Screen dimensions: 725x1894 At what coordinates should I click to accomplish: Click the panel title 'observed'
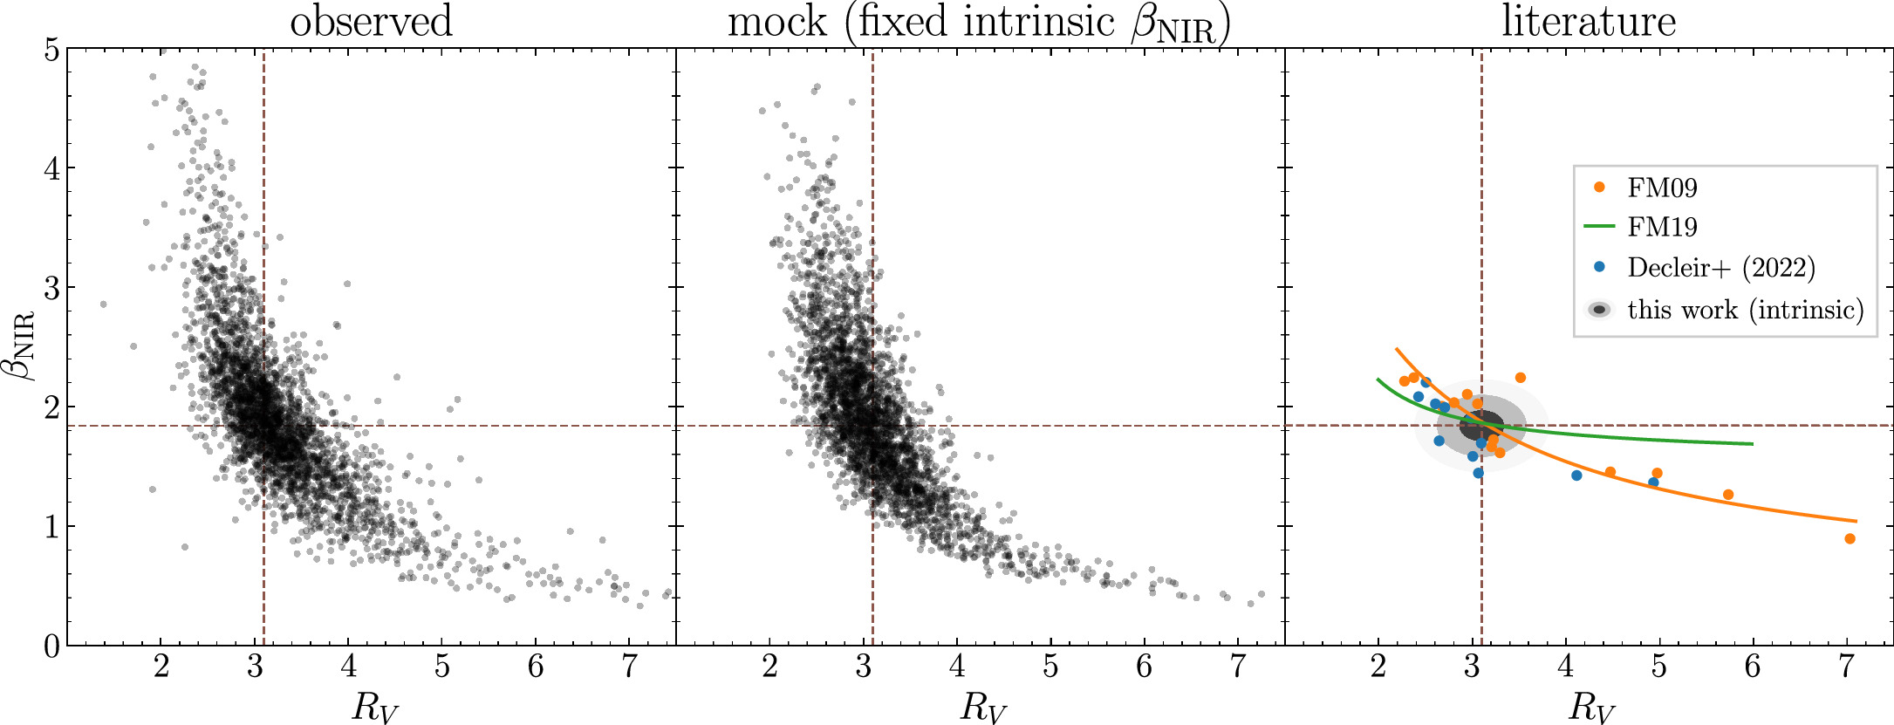pos(371,21)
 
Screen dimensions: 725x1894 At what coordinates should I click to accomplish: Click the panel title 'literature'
pos(1589,21)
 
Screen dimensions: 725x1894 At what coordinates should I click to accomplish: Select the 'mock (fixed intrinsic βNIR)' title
pos(979,23)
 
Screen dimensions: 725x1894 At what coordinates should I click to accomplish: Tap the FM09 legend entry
pos(1662,188)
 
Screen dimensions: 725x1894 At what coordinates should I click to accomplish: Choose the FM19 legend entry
pos(1662,227)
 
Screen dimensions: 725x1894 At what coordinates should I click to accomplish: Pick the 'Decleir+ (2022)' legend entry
pos(1720,267)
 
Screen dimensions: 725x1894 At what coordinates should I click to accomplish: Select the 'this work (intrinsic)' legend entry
pos(1744,309)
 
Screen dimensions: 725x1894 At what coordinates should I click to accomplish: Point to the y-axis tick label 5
pos(52,50)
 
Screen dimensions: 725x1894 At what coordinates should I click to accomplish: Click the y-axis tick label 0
pos(52,646)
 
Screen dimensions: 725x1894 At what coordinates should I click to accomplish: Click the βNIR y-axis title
pos(24,345)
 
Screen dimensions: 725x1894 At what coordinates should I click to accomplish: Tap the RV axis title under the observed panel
pos(374,706)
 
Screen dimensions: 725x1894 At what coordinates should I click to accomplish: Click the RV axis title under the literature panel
pos(1592,706)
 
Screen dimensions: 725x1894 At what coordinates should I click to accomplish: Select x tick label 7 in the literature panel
pos(1846,667)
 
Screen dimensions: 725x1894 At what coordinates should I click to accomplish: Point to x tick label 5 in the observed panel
pos(442,667)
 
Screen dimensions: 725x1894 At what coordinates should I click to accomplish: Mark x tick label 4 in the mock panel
pos(957,667)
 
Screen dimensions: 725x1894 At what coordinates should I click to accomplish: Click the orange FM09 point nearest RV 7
pos(1850,538)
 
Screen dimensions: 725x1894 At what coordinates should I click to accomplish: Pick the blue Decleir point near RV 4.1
pos(1576,475)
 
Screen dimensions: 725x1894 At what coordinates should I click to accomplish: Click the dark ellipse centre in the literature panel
pos(1481,425)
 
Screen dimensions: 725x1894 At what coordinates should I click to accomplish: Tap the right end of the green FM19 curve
pos(1752,444)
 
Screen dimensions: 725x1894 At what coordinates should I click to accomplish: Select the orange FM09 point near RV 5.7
pos(1728,495)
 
